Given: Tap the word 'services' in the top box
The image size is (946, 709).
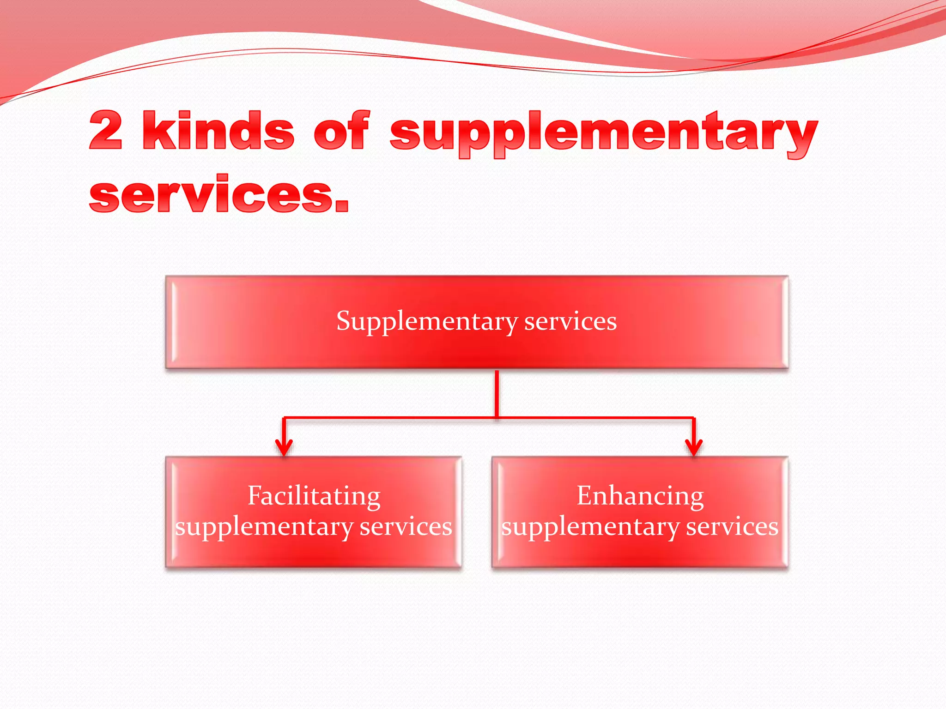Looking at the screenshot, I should tap(570, 321).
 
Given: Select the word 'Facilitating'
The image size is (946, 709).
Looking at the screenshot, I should tap(314, 497).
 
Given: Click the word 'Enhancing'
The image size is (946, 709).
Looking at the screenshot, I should tap(640, 497).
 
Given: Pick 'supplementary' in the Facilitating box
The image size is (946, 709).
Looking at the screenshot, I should tap(264, 528).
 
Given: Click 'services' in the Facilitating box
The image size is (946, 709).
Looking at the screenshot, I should tap(406, 527).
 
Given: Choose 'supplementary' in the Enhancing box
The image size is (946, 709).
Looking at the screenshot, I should tap(590, 528).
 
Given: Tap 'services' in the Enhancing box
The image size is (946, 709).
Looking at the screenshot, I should tap(732, 527).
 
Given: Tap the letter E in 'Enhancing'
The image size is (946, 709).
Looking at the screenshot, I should tap(584, 496).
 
